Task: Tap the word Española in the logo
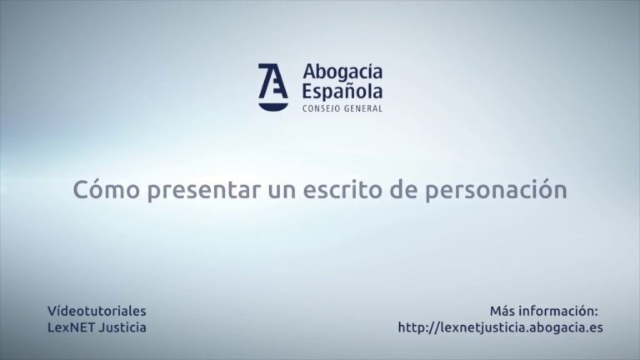click(342, 92)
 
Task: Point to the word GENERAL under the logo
click(363, 108)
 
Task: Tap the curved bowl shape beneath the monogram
click(273, 106)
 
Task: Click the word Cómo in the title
click(106, 190)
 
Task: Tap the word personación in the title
click(496, 191)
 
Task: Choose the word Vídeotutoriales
click(97, 311)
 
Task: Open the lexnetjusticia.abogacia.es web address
click(500, 327)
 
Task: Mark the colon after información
click(597, 312)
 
